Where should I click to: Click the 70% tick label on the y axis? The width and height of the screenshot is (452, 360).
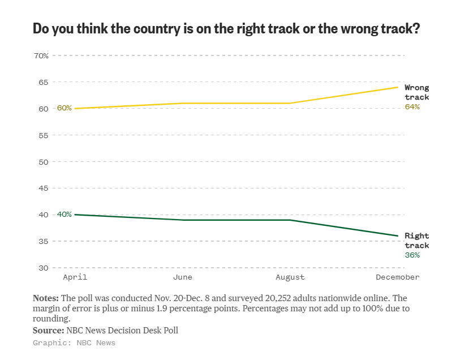coord(41,55)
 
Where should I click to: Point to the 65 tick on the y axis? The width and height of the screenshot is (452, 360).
coord(43,82)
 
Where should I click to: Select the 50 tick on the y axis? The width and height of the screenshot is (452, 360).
coord(43,161)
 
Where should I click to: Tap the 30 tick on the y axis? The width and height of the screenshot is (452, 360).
coord(43,268)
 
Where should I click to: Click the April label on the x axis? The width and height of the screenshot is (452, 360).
coord(74,277)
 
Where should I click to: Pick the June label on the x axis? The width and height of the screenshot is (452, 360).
coord(182,277)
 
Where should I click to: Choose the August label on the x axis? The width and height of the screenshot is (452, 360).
coord(290,277)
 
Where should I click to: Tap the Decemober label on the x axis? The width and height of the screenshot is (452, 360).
coord(398,277)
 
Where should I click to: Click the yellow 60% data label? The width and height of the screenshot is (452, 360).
coord(64,108)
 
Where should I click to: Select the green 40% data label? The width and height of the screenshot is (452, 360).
coord(64,215)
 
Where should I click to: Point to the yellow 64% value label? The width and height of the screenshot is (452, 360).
coord(412,106)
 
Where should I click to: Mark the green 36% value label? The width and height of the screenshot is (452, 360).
coord(412,255)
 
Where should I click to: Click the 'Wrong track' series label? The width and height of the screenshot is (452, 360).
coord(416,92)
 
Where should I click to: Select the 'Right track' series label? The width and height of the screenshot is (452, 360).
coord(416,241)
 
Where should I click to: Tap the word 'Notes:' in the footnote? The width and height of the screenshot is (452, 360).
coord(45,298)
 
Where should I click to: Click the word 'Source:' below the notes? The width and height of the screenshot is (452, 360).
coord(48,331)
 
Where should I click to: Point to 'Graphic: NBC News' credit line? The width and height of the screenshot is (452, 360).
coord(74,343)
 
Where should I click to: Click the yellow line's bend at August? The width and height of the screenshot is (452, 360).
coord(290,103)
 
